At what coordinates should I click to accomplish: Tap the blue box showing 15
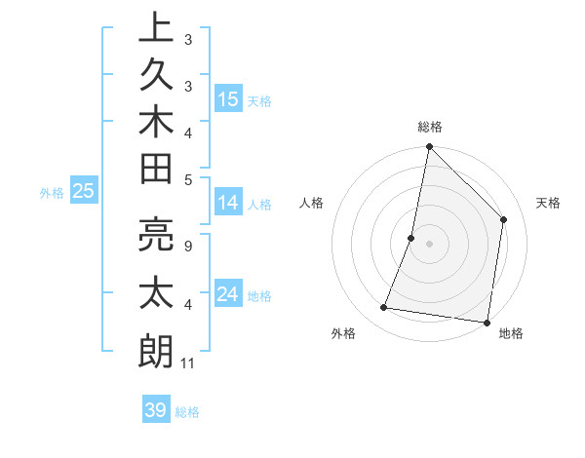228,98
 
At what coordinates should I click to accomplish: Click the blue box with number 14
228,203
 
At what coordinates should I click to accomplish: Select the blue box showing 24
228,293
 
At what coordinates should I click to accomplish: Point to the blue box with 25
84,191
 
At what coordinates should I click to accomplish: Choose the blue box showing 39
156,410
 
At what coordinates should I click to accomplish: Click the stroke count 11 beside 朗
187,363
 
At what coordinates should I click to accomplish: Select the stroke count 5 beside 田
187,179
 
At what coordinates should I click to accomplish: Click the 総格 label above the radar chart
429,127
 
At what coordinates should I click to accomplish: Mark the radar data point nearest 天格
504,219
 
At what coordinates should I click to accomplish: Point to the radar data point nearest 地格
487,323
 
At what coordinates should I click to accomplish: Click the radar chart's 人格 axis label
312,203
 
